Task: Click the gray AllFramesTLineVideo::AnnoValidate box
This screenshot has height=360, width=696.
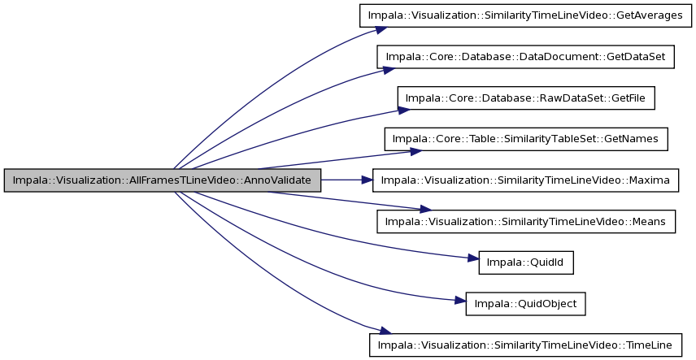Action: point(163,180)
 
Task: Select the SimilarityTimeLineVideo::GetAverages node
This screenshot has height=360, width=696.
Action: point(525,15)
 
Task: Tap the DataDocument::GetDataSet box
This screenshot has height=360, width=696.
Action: point(525,57)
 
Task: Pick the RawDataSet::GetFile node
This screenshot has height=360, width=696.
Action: point(526,98)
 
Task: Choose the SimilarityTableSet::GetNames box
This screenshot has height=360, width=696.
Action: point(526,139)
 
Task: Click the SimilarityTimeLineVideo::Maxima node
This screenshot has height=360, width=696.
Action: point(525,180)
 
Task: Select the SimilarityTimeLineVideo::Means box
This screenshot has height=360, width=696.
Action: point(526,222)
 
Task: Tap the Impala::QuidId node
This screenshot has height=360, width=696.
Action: point(526,262)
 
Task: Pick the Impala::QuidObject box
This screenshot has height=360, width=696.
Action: point(525,304)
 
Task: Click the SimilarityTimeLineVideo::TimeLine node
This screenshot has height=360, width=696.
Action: point(525,345)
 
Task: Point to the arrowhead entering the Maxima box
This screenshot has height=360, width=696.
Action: point(367,180)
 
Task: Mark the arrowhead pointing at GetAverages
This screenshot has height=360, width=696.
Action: point(381,29)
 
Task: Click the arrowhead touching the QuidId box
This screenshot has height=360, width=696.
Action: point(473,258)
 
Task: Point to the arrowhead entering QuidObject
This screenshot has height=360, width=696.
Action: point(460,301)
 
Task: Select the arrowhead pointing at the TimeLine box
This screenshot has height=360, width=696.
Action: point(385,331)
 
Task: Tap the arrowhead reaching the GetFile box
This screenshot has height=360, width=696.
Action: point(404,109)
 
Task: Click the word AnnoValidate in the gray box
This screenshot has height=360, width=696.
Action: point(280,180)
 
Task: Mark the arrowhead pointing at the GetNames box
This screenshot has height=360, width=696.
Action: point(416,151)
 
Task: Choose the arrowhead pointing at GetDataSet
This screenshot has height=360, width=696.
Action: point(389,70)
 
